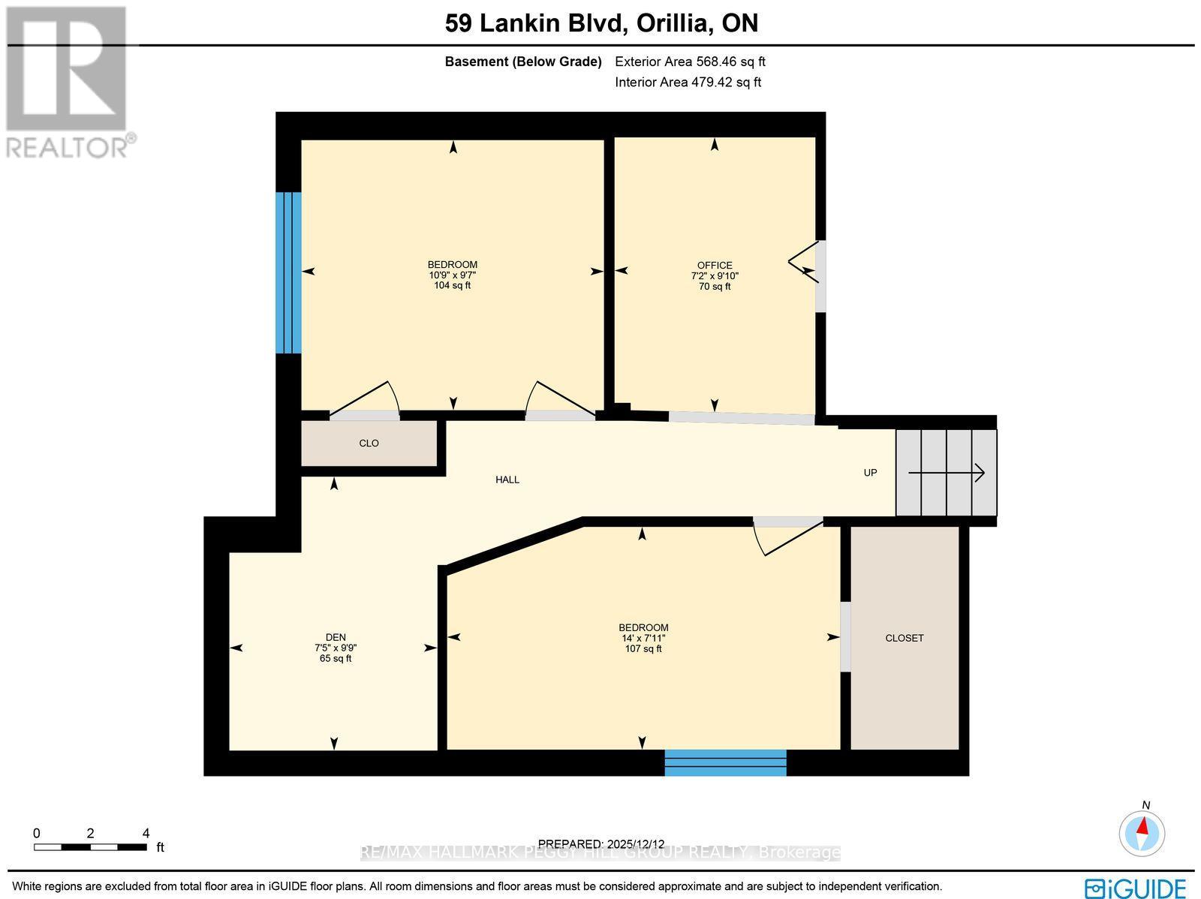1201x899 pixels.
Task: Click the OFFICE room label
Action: [x=714, y=265]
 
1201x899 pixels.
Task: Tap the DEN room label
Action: [x=336, y=637]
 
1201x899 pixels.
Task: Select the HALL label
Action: [x=507, y=480]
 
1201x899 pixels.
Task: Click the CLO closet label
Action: [x=369, y=443]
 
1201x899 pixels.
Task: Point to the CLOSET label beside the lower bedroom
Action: [x=905, y=638]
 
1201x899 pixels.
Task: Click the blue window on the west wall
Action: [x=288, y=272]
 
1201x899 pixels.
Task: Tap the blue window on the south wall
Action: [x=725, y=762]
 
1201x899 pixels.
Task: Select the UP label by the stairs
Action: [x=870, y=473]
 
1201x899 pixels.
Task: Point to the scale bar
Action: [x=90, y=846]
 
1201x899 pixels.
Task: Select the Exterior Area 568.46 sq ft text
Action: [x=690, y=62]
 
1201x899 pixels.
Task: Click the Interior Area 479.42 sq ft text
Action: [x=688, y=83]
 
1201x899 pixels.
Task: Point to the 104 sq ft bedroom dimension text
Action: [x=452, y=285]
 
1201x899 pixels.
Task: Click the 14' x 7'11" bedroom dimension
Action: [x=643, y=638]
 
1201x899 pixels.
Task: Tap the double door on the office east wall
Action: [x=809, y=271]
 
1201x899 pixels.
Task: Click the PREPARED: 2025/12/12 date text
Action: [x=602, y=843]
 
